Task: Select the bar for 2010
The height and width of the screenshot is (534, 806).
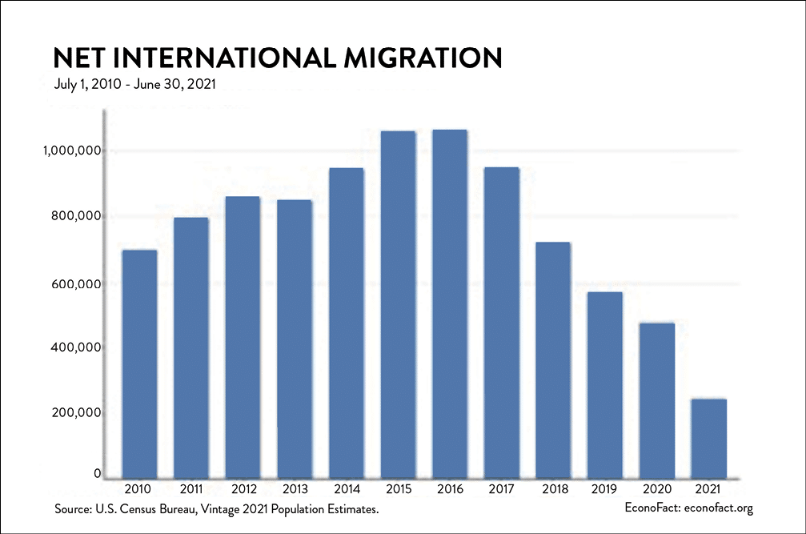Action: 139,363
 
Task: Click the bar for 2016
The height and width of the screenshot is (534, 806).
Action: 450,303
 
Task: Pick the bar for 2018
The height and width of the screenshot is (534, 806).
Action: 553,359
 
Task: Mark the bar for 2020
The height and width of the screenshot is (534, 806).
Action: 657,399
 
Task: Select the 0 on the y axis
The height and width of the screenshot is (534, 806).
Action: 96,474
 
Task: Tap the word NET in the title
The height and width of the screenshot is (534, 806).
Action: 78,58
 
